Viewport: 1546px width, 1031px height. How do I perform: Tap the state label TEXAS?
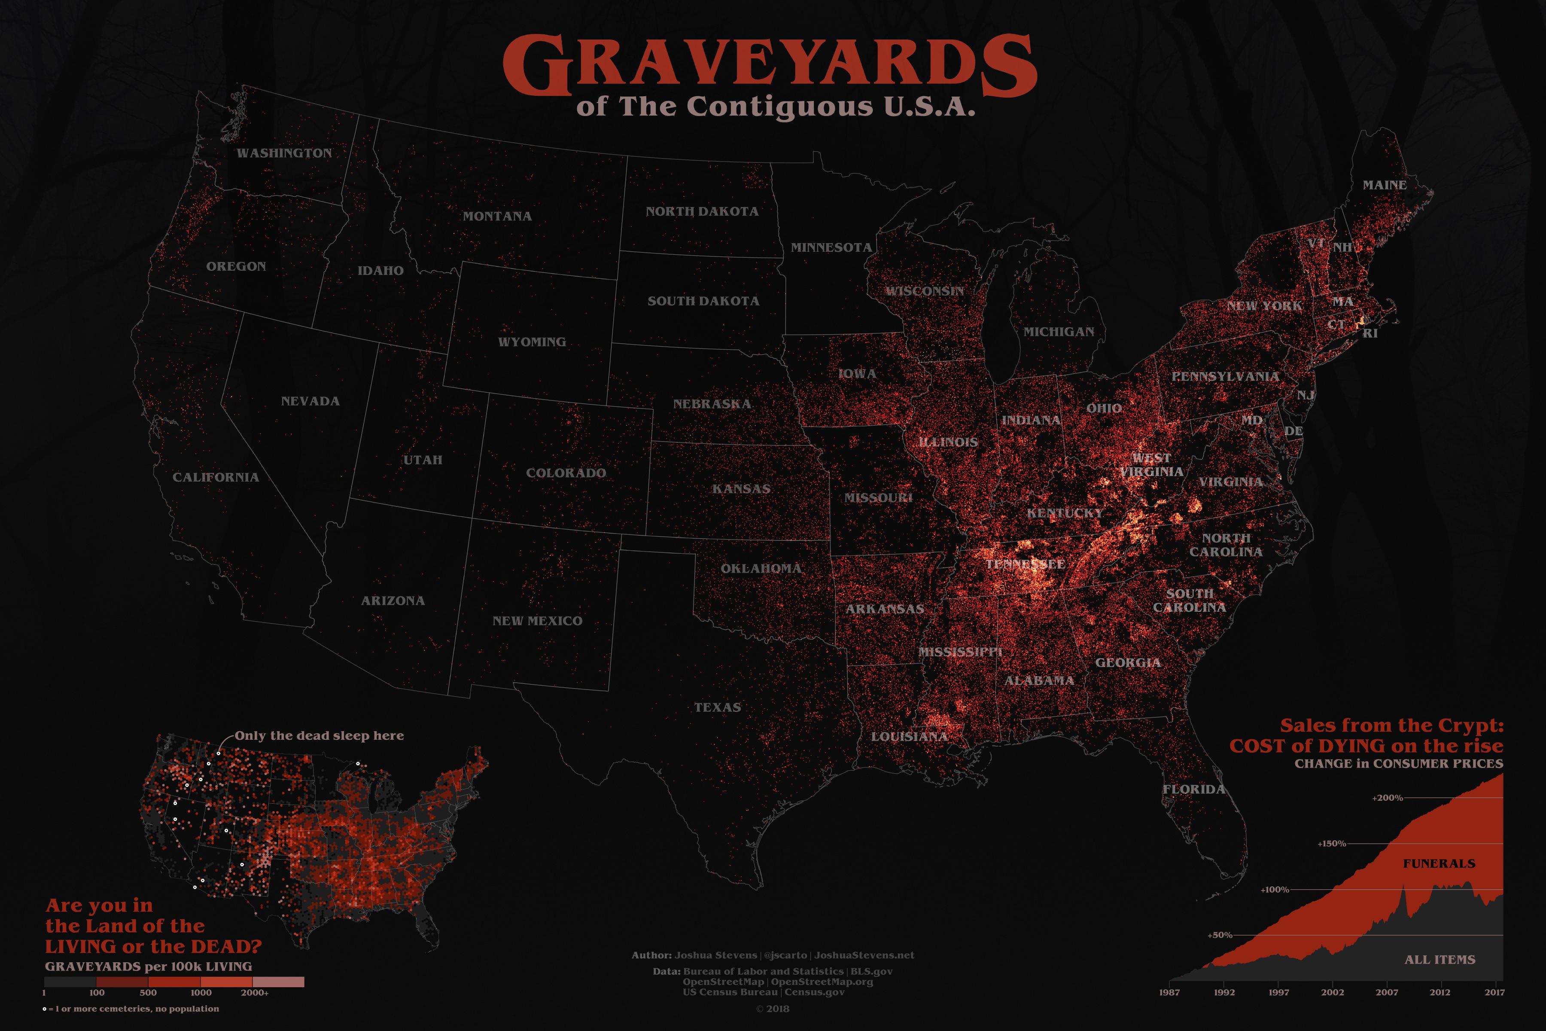click(x=717, y=708)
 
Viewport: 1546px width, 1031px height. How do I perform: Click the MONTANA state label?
click(x=497, y=217)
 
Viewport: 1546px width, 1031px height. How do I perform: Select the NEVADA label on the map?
click(x=310, y=401)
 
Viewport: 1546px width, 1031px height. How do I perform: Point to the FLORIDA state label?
click(x=1194, y=789)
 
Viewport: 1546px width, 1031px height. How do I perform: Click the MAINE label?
click(x=1384, y=186)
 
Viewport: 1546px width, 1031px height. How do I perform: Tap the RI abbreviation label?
click(x=1370, y=333)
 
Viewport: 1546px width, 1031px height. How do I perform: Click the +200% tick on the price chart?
click(x=1387, y=798)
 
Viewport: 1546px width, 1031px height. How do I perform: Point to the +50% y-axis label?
click(x=1219, y=935)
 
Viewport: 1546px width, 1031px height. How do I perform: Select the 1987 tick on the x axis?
click(x=1169, y=993)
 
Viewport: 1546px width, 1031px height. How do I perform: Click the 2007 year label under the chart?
click(x=1387, y=993)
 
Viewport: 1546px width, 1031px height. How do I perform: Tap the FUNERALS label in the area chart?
click(x=1439, y=863)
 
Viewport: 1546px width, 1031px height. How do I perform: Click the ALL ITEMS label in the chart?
click(x=1439, y=960)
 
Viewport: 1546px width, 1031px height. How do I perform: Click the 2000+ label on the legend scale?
click(x=254, y=993)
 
